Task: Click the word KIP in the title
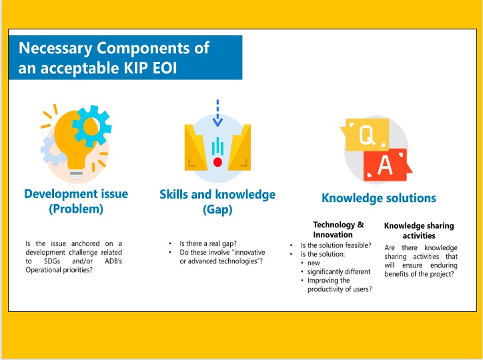(135, 67)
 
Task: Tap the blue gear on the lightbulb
(91, 126)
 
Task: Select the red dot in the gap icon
(217, 162)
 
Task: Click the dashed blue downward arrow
(217, 113)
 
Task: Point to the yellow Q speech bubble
(365, 135)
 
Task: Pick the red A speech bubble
(387, 165)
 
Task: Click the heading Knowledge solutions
(378, 198)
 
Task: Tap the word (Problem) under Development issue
(76, 209)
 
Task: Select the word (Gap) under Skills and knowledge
(217, 209)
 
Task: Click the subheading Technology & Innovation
(338, 229)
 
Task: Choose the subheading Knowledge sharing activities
(419, 231)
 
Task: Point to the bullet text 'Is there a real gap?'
(208, 244)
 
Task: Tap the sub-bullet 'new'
(314, 263)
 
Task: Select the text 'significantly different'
(339, 272)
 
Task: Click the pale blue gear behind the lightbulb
(53, 151)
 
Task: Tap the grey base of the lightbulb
(76, 175)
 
